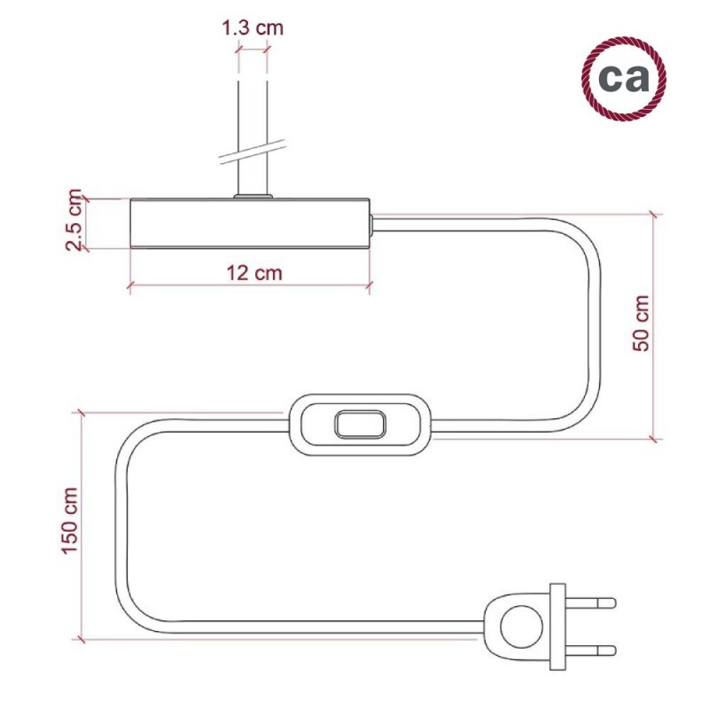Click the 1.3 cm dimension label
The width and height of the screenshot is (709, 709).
[253, 27]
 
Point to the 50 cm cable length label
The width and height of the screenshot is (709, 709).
[641, 323]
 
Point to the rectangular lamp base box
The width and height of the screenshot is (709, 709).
[248, 222]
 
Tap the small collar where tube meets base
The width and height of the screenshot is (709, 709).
[253, 194]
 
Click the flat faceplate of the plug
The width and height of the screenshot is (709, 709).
[557, 627]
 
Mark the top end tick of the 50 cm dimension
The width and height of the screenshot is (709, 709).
[654, 215]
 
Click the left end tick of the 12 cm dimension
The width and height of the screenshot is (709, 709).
[130, 284]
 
